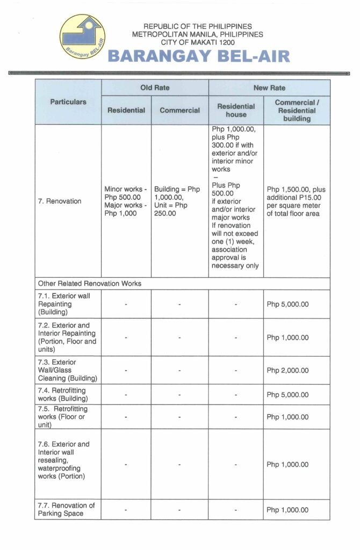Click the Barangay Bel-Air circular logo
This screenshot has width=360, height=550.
[x=83, y=37]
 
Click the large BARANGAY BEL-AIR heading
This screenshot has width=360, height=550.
[x=199, y=56]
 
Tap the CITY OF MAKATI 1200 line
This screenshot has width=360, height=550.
[x=198, y=42]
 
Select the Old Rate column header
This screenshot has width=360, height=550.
[x=154, y=88]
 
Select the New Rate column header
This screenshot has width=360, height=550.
[x=269, y=88]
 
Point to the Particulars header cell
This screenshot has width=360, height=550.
[x=68, y=102]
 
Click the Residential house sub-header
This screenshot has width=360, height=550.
[x=236, y=110]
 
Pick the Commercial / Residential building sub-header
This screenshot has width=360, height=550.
[x=296, y=110]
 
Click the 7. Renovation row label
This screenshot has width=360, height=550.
[x=60, y=201]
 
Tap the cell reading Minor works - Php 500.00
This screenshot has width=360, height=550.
[x=126, y=201]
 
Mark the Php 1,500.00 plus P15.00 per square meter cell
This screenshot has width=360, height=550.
[x=296, y=201]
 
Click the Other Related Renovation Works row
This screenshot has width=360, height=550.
[x=90, y=283]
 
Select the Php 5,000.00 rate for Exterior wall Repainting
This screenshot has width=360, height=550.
[x=287, y=304]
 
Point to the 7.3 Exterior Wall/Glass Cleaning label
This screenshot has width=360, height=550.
[x=67, y=370]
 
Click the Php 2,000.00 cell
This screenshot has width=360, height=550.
[x=287, y=371]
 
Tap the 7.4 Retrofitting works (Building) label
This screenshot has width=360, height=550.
[x=63, y=394]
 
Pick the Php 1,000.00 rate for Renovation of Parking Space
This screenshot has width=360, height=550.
[x=287, y=510]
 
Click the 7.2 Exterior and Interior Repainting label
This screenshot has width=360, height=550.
[x=67, y=337]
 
